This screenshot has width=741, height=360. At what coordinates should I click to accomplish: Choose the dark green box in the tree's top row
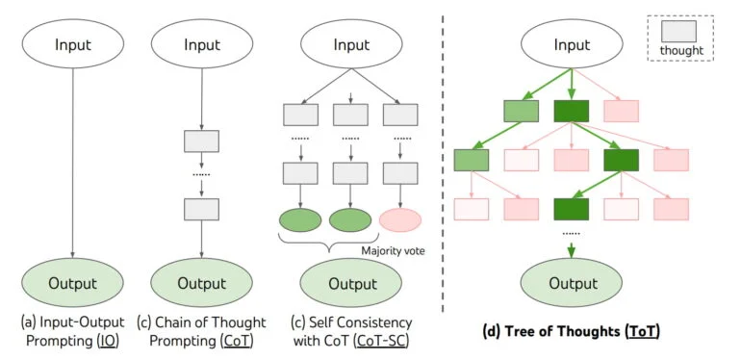[572, 113]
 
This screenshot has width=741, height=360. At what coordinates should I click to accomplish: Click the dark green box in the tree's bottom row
[572, 208]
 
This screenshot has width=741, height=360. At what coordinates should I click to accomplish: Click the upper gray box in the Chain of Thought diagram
[201, 141]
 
